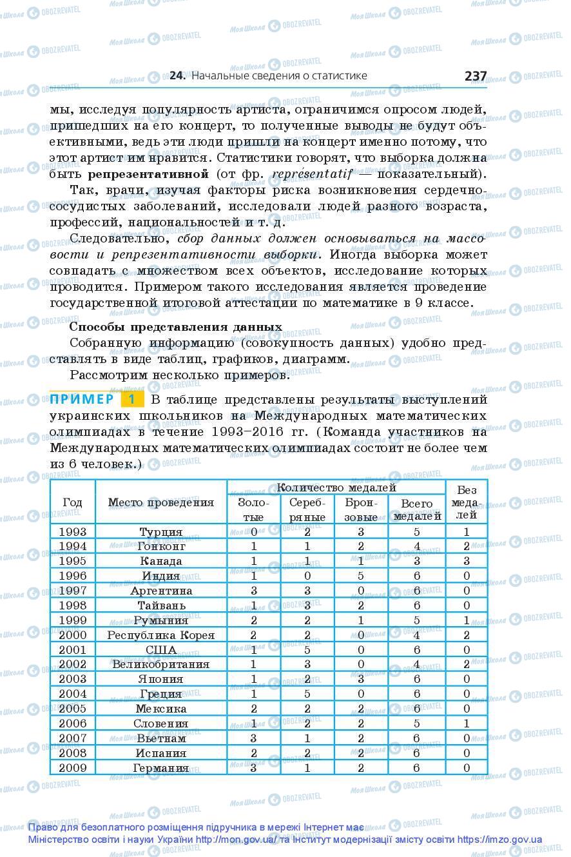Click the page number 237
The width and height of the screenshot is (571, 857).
pos(475,75)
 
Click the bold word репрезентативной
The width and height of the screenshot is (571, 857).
pos(148,173)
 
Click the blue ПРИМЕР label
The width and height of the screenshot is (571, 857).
pos(82,399)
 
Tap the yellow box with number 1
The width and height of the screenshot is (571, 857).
pos(131,399)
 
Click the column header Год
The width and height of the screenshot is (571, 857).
pos(72,502)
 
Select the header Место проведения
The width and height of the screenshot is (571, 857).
pos(160,502)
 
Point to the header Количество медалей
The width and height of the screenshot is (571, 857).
pos(336,488)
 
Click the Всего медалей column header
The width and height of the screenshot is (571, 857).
pos(417,509)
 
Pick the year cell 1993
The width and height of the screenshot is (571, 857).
pos(72,532)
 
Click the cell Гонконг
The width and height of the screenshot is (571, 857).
pos(160,546)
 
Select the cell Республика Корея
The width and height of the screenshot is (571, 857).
pos(160,635)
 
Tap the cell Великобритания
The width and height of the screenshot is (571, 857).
pos(160,664)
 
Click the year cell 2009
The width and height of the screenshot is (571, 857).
pos(72,767)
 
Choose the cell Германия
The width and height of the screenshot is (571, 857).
pos(160,767)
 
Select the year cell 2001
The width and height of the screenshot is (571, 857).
pos(72,649)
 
